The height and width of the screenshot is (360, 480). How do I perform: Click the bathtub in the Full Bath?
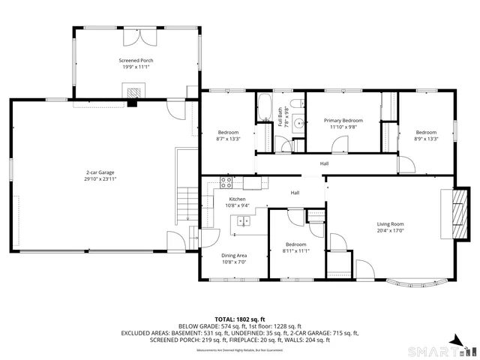[265, 108]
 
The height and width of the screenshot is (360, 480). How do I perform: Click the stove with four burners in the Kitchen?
[226, 181]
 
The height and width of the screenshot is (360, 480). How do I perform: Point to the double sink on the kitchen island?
[243, 220]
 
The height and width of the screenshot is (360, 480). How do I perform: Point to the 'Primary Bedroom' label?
[343, 120]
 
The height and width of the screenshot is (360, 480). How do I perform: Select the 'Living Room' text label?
[390, 223]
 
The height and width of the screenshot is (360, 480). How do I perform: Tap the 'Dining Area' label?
[234, 256]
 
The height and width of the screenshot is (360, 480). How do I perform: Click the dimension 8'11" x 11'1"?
[295, 251]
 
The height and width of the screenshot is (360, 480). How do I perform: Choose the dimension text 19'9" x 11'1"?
[135, 67]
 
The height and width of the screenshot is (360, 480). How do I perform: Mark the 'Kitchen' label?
[237, 199]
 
